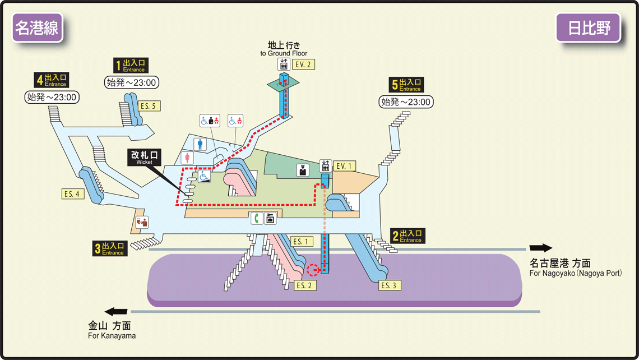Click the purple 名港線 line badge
(x=36, y=27)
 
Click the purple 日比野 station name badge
(x=588, y=27)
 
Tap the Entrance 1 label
(x=131, y=66)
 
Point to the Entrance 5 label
(x=407, y=85)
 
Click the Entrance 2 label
(x=408, y=236)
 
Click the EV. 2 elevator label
(x=303, y=64)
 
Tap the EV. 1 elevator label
(x=345, y=166)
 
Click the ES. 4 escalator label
(x=73, y=194)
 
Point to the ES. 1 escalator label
(x=302, y=242)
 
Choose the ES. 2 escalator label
(x=305, y=285)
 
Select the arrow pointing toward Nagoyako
(x=540, y=248)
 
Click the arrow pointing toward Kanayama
(x=117, y=311)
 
